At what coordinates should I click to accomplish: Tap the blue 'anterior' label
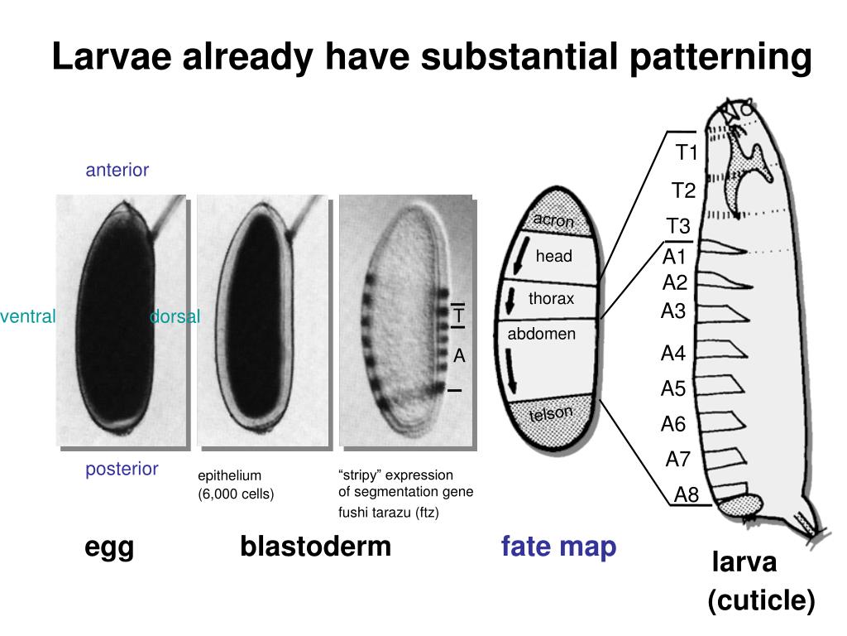[x=117, y=171]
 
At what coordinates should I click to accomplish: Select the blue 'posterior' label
[x=122, y=470]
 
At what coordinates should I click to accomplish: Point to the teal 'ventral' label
[x=28, y=316]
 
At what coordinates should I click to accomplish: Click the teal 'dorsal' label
[x=175, y=316]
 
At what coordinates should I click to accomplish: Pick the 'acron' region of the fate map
[x=553, y=220]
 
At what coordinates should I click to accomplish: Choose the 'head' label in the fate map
[x=553, y=257]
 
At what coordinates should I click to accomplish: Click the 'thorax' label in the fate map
[x=551, y=299]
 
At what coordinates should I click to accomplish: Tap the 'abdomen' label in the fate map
[x=541, y=335]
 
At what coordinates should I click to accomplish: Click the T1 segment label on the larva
[x=687, y=153]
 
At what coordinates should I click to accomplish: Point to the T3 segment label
[x=678, y=226]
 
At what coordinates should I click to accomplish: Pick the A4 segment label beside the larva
[x=673, y=354]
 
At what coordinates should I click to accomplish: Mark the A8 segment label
[x=687, y=495]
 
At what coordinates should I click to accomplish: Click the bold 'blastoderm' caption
[x=315, y=547]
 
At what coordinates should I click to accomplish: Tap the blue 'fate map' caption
[x=558, y=547]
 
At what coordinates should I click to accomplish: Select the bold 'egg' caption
[x=109, y=548]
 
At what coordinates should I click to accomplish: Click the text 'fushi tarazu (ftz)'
[x=389, y=513]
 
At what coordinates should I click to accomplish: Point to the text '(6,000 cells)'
[x=236, y=494]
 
